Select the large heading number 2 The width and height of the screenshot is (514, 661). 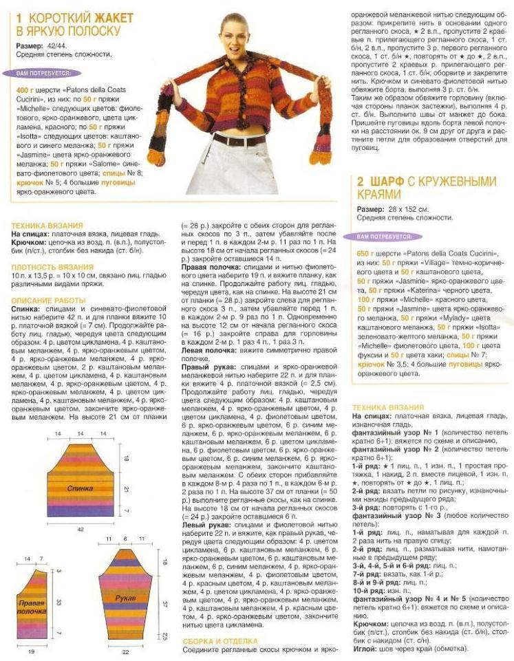[360, 182]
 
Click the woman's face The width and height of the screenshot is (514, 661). [244, 32]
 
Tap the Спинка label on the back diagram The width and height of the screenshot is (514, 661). [81, 487]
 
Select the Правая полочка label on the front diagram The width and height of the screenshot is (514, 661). [32, 606]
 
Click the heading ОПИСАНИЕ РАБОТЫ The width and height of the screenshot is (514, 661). [48, 300]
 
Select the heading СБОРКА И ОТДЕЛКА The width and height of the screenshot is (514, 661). [220, 640]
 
